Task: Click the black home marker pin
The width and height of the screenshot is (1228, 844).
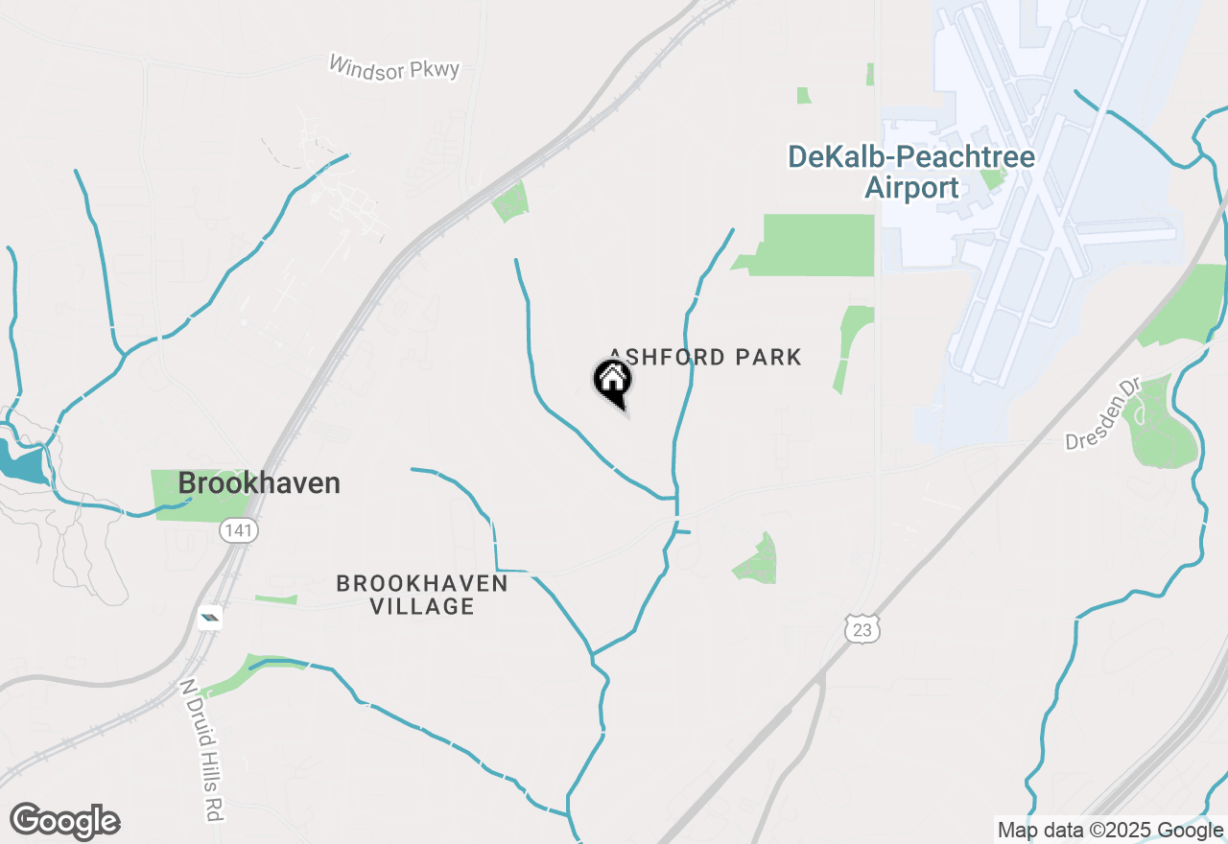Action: coord(613,382)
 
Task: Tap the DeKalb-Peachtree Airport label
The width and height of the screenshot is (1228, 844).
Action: coord(910,172)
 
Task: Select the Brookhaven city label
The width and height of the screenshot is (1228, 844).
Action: coord(259,483)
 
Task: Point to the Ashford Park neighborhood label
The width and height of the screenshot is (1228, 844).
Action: coord(705,358)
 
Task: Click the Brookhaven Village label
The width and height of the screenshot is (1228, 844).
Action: coord(422,595)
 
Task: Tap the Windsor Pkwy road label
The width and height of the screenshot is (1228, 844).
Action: coord(394,67)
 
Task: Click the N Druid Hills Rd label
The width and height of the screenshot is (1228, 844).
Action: coord(201,749)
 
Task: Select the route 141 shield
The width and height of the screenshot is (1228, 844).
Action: coord(238,530)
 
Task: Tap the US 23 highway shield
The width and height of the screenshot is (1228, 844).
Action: coord(862,629)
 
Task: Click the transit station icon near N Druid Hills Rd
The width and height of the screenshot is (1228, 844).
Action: coord(209,618)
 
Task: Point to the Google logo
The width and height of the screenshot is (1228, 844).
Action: coord(64,822)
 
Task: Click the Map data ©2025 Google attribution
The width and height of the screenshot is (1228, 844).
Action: coord(1110,831)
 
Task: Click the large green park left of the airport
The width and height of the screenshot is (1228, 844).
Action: coord(815,246)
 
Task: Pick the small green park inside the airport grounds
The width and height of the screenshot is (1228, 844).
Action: coord(993,177)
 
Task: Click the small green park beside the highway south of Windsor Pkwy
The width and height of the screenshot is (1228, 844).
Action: coord(510,201)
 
